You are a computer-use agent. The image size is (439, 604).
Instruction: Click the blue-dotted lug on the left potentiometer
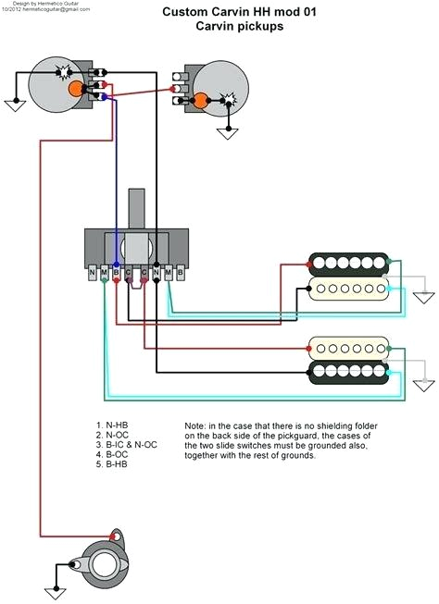104,96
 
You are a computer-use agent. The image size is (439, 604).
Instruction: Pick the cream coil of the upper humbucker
347,290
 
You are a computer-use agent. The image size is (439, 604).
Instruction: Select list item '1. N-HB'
112,425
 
